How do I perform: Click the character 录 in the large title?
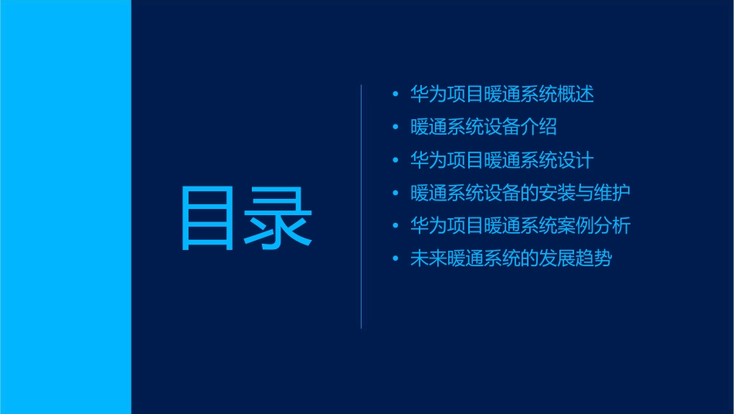279,217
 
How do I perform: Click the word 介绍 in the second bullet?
539,127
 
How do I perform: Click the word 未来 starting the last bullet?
429,258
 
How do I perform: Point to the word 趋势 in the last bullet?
594,258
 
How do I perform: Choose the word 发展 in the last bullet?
557,258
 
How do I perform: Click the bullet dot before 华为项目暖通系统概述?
396,95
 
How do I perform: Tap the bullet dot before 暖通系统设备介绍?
396,128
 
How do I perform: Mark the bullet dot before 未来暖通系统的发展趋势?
396,259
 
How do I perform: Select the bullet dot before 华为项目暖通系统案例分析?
396,227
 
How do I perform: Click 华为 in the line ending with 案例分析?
429,226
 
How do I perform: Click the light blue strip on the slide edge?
65,207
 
